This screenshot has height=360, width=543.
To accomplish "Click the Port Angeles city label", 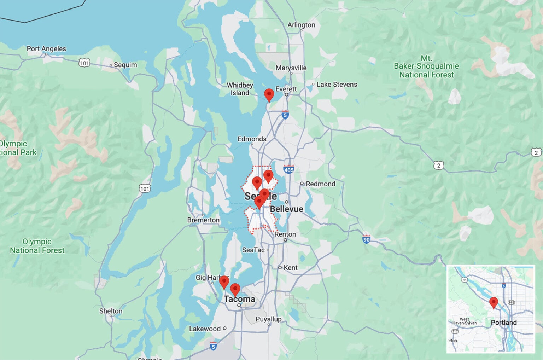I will click(x=46, y=49).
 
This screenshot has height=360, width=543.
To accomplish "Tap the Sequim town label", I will click(x=125, y=65).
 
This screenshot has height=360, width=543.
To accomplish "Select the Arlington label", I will click(x=301, y=25).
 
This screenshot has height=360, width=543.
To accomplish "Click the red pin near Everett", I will click(x=269, y=95).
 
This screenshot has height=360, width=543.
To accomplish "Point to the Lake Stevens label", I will click(x=337, y=85).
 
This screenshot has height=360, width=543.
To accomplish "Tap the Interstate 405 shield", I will click(x=289, y=169).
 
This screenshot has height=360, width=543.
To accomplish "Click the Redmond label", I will click(x=320, y=184).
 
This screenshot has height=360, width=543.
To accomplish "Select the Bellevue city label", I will click(x=286, y=209).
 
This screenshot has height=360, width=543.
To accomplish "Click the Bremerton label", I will click(x=203, y=220).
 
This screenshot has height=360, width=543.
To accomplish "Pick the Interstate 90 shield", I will click(x=366, y=239).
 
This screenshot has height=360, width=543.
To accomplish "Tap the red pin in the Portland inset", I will click(x=494, y=303).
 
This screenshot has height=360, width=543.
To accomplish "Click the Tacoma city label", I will click(x=239, y=299).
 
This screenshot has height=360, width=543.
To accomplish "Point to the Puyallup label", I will click(x=268, y=319).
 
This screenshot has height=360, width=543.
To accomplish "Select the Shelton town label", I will click(x=111, y=311).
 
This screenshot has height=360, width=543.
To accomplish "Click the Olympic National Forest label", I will click(x=37, y=246).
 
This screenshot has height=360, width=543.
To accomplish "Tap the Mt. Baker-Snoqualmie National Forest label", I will click(x=426, y=66).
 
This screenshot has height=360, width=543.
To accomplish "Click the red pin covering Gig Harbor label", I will click(x=224, y=282).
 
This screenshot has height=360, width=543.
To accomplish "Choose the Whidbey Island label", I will click(x=240, y=89).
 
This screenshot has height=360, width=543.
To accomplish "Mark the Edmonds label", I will click(x=252, y=139).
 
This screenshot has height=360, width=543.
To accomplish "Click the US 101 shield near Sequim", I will click(x=84, y=63).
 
